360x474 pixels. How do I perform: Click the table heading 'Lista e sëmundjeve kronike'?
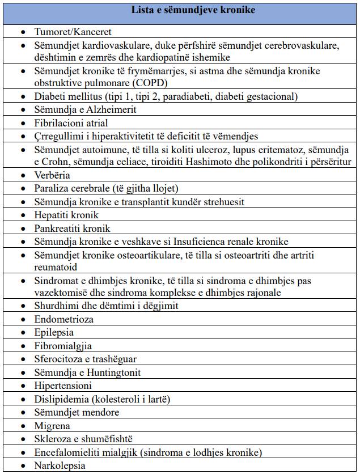185,10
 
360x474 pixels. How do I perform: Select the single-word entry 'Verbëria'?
52,175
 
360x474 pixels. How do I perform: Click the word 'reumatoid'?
56,266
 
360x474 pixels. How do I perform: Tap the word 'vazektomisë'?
60,293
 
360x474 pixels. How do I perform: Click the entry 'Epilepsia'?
54,332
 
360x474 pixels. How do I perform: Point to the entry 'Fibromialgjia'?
63,346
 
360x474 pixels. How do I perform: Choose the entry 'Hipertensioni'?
63,386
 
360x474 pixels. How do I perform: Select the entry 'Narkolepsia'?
60,465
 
